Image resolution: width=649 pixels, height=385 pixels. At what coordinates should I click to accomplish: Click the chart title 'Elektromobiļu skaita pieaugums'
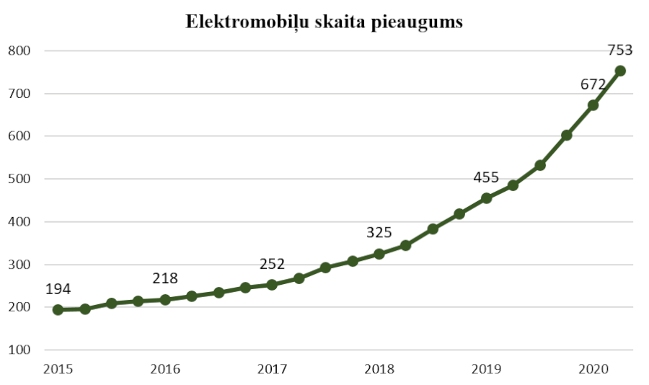tap(324, 22)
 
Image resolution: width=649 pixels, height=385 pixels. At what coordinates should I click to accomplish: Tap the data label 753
tap(619, 50)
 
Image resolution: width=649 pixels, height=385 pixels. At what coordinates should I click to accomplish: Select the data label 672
tap(593, 84)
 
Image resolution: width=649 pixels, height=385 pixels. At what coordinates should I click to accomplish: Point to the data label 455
tap(487, 178)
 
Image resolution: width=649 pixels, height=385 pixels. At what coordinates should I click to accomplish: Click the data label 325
tap(379, 232)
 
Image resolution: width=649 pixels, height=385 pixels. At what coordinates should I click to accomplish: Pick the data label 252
tap(272, 264)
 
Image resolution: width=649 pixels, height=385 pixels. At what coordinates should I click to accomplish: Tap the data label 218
tap(165, 278)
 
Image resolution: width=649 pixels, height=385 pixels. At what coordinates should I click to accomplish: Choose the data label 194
tap(58, 289)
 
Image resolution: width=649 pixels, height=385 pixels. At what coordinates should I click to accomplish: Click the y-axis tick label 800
tap(19, 51)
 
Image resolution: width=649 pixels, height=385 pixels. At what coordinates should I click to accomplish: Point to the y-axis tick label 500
tap(19, 180)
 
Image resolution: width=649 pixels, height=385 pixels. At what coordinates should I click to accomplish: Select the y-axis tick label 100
tap(19, 350)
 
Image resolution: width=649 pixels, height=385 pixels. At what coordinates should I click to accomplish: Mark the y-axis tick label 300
tap(19, 265)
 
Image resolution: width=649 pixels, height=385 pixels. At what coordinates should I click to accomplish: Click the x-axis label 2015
tap(58, 369)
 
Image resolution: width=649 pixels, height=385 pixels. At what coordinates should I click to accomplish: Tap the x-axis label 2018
tap(379, 369)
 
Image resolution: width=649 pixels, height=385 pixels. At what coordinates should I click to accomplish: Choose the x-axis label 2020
tap(593, 369)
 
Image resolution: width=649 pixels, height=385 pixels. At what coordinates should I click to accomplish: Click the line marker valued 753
tap(619, 71)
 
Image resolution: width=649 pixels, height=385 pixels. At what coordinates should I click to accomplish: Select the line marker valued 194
tap(58, 310)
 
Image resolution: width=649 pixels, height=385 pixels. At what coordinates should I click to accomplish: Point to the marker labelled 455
tap(486, 198)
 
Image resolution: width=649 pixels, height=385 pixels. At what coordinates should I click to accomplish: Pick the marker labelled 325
tap(379, 254)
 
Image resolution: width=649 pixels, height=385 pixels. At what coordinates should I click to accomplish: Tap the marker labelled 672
tap(593, 105)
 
